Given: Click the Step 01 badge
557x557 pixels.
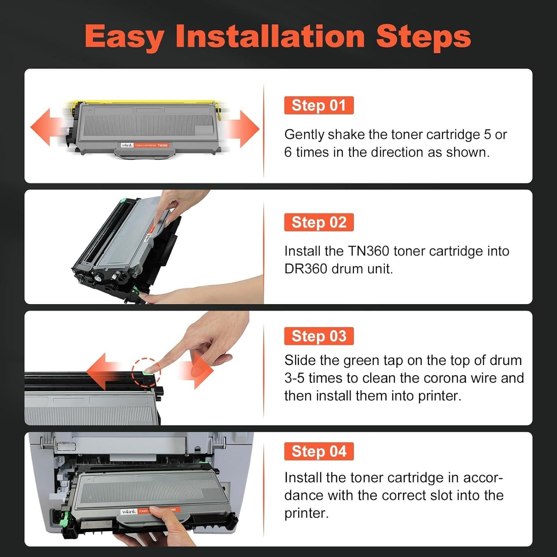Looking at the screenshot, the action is click(x=319, y=105).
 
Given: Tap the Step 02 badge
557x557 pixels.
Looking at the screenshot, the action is click(x=319, y=222).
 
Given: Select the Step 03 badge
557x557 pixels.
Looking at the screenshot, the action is click(x=319, y=336).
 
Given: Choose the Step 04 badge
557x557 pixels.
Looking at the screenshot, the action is click(x=319, y=451).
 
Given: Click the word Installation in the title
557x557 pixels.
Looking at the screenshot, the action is click(x=270, y=36).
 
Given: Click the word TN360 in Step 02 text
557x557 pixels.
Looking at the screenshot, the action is click(x=369, y=251).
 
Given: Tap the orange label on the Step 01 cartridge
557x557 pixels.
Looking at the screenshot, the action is click(x=151, y=145).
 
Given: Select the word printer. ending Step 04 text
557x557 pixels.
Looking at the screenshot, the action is click(x=307, y=514).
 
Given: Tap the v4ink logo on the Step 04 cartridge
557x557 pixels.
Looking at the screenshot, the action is click(x=129, y=511).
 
